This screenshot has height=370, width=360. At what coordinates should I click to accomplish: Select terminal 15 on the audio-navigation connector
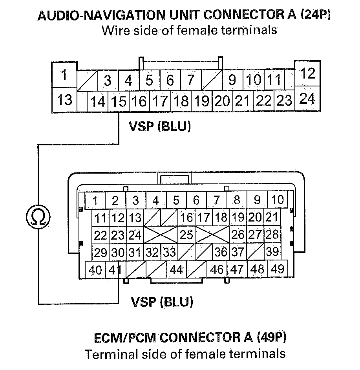click(119, 102)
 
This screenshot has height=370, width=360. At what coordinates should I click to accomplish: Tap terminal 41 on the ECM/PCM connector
click(115, 270)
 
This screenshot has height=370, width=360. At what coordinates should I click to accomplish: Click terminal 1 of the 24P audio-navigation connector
click(64, 74)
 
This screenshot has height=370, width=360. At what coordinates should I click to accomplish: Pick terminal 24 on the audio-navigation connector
click(307, 99)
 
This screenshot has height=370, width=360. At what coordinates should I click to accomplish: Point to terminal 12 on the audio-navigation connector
click(307, 73)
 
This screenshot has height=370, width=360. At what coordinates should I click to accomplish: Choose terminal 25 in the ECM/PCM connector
click(186, 235)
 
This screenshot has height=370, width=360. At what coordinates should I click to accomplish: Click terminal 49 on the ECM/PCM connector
click(277, 269)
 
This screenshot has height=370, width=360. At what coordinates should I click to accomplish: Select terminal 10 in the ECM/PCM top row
click(277, 200)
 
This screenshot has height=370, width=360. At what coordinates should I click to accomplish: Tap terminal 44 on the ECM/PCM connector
click(177, 270)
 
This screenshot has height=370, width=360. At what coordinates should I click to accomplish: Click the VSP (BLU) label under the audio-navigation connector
click(159, 127)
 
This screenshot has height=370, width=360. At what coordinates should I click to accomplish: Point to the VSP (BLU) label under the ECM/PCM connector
click(162, 302)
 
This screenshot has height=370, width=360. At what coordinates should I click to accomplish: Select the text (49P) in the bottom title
click(272, 337)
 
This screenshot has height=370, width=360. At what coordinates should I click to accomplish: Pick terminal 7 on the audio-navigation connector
click(190, 81)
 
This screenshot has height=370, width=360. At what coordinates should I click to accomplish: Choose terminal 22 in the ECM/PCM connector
click(101, 235)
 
